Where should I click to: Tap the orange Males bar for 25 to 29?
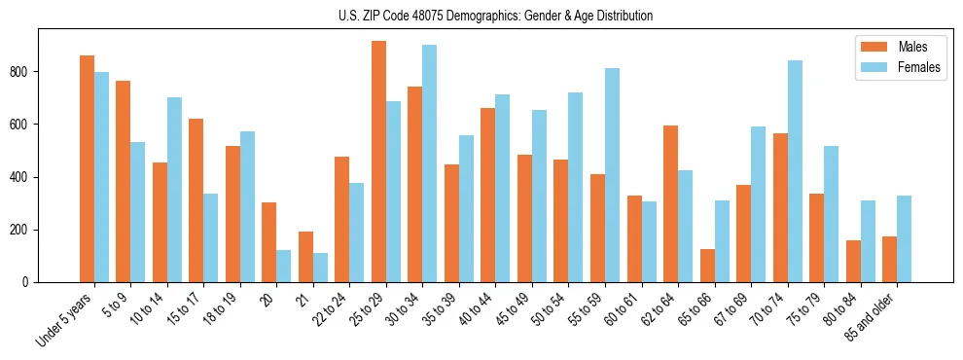coord(378,162)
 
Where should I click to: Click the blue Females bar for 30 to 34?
coord(429,163)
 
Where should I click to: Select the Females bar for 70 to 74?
coord(795,171)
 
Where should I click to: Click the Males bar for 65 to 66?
coord(707,266)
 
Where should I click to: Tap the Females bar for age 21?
coord(320,268)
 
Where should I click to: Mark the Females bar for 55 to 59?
coord(612,175)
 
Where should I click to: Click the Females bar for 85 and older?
coord(904,238)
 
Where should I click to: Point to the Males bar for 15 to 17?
coord(196,200)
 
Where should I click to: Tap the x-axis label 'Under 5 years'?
coord(64,318)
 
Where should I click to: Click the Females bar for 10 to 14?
coord(174,190)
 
